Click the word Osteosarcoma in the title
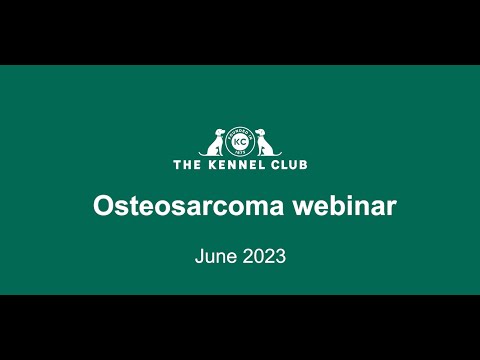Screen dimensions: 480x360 (x=188, y=206)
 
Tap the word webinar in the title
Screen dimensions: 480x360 (x=345, y=205)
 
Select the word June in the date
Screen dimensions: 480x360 (x=216, y=256)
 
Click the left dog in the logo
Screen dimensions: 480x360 (x=215, y=143)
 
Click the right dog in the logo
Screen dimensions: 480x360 (x=266, y=143)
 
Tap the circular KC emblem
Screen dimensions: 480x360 (x=240, y=142)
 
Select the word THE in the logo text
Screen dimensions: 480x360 (x=187, y=165)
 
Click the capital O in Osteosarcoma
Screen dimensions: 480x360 (x=103, y=206)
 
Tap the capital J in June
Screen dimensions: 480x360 (x=199, y=257)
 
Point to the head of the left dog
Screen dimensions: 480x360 (x=220, y=133)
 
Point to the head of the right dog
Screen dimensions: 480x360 (x=261, y=133)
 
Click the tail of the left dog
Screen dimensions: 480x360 (x=204, y=154)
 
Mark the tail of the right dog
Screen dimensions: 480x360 (x=277, y=154)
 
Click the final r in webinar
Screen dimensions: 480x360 (x=391, y=208)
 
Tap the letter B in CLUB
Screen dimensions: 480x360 (x=303, y=165)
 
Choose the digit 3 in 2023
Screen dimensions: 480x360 (x=281, y=257)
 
